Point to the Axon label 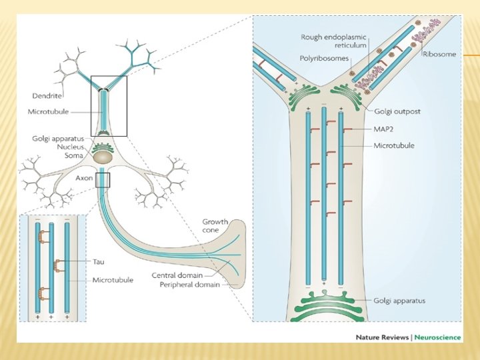pyautogui.click(x=82, y=179)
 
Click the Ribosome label pyautogui.click(x=439, y=54)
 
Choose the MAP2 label pyautogui.click(x=385, y=129)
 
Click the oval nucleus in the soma pyautogui.click(x=103, y=158)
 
